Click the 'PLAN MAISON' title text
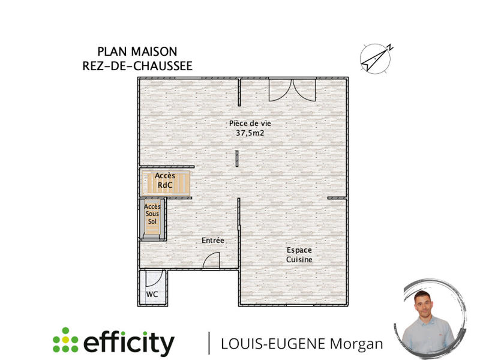tap(137, 52)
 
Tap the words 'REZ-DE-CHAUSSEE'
tap(137, 66)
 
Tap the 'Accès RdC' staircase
tap(166, 181)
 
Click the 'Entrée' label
tap(212, 241)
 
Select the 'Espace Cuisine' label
tap(298, 254)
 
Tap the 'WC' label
tap(152, 295)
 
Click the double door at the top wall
tap(291, 90)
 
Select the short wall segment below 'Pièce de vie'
tap(237, 158)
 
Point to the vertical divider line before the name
tap(209, 343)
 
